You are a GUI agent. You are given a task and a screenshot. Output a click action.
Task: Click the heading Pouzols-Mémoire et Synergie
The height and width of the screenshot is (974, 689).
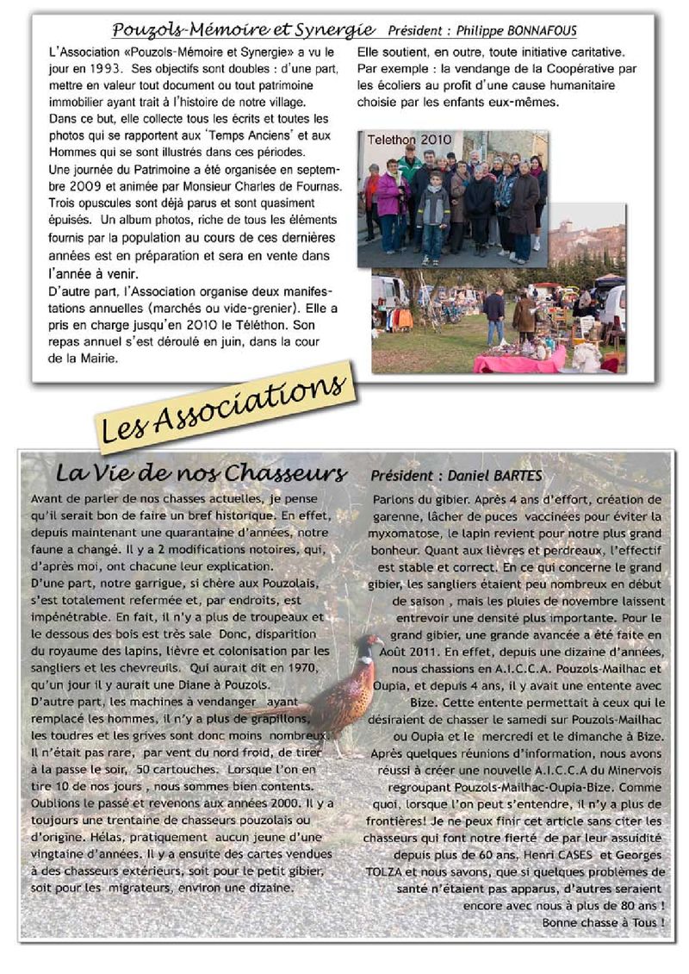click(x=244, y=29)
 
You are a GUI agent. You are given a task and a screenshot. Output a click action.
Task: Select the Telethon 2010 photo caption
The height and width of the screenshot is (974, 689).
click(x=409, y=140)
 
